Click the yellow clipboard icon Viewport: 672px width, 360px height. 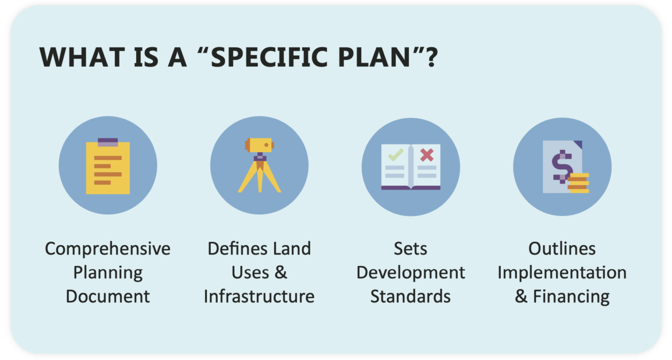(x=108, y=167)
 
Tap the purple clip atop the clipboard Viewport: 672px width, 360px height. (x=108, y=142)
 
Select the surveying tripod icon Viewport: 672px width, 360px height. (x=259, y=165)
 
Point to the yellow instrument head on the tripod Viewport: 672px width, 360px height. (x=259, y=145)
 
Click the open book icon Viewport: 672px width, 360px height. (x=411, y=167)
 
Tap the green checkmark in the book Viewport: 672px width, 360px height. (x=396, y=154)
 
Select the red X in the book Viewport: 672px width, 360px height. (x=427, y=154)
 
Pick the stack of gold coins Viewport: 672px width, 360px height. (x=578, y=183)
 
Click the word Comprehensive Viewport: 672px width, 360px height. (x=107, y=249)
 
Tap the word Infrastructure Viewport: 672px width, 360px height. (x=259, y=297)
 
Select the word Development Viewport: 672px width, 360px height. (x=411, y=273)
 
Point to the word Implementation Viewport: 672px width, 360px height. (x=562, y=273)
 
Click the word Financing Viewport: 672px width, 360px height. (x=571, y=297)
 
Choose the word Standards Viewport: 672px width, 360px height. (x=411, y=297)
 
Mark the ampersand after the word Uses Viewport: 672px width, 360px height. (x=281, y=273)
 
